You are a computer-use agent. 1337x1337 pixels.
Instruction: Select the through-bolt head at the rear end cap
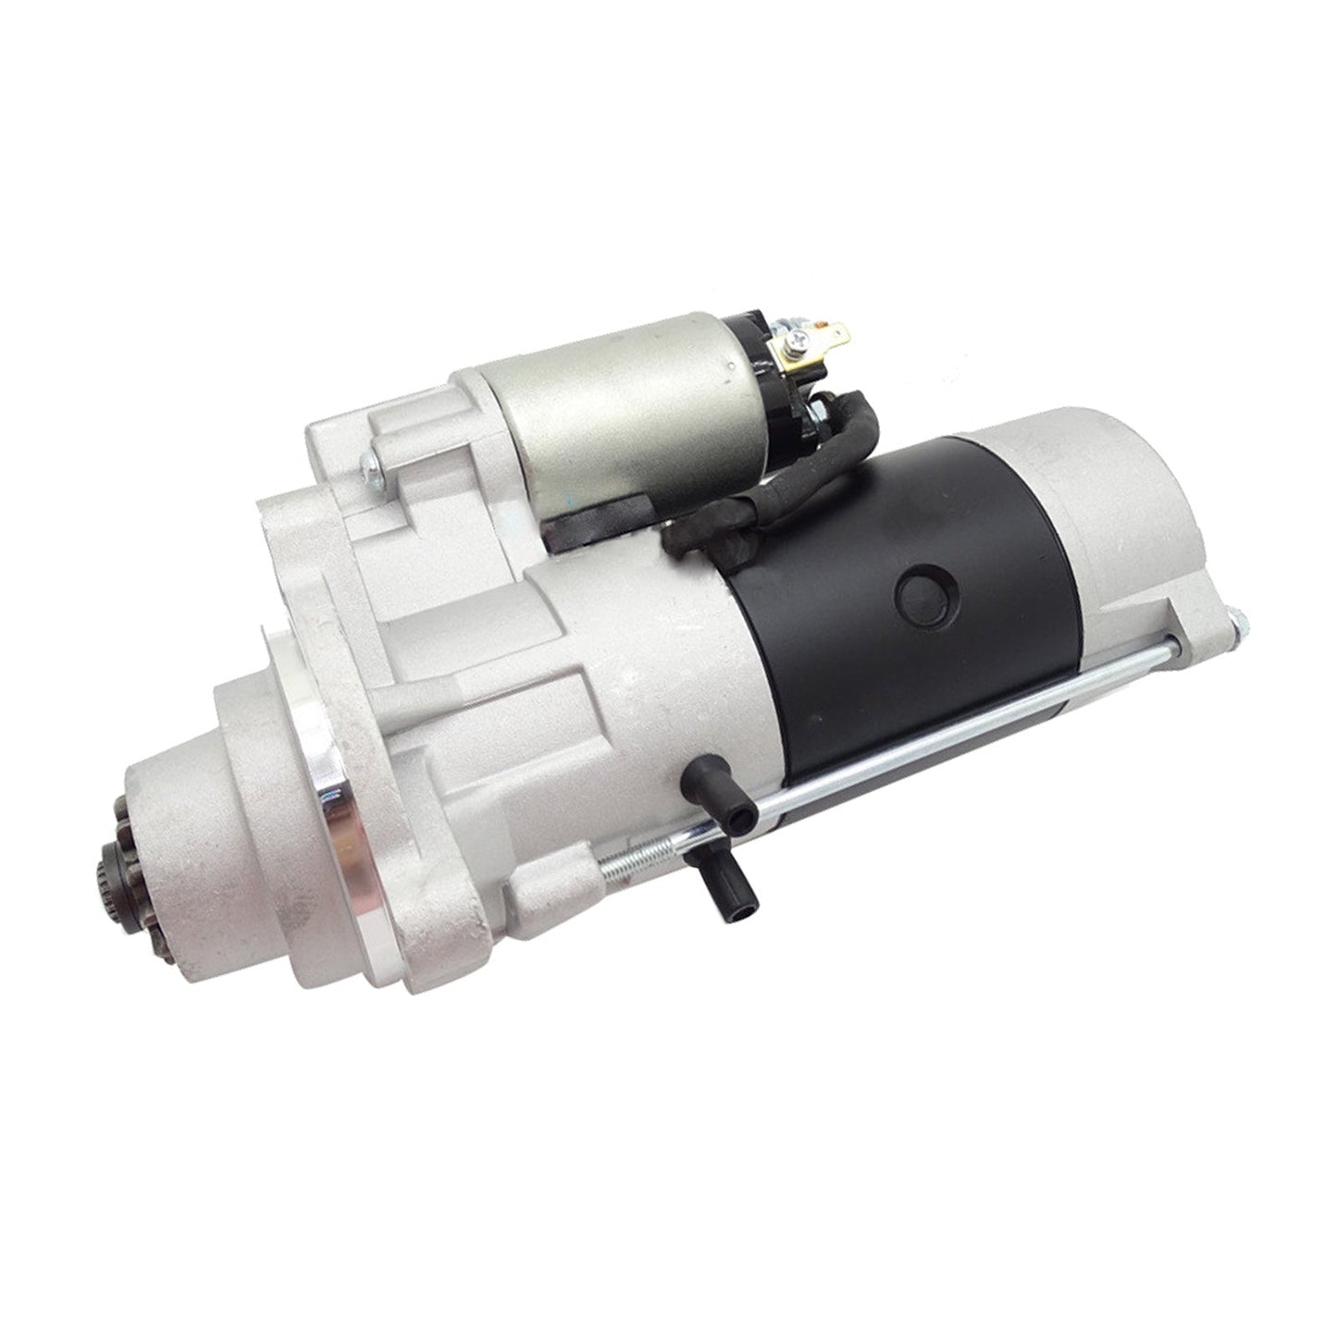click(x=1237, y=625)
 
